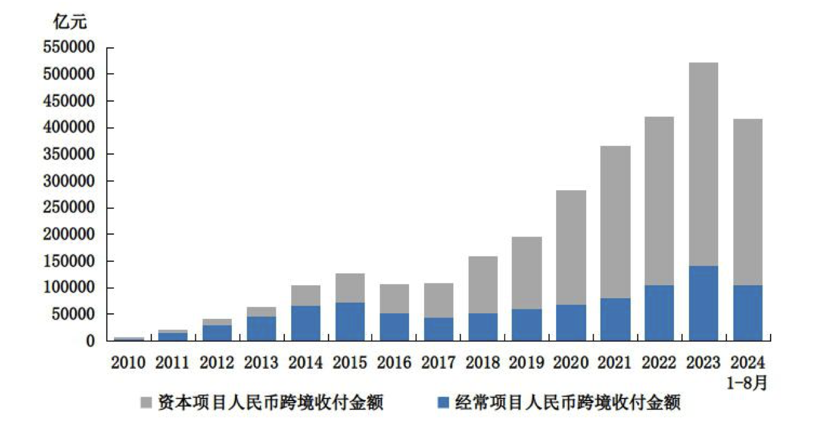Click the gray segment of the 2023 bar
click(x=703, y=164)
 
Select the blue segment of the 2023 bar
click(x=703, y=303)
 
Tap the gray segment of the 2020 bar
click(x=570, y=247)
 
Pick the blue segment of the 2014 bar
click(x=305, y=323)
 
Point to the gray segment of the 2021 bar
click(x=615, y=221)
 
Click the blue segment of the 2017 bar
click(x=438, y=329)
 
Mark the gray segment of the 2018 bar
click(x=483, y=285)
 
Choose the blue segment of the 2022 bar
click(x=659, y=313)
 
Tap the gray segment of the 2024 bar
click(x=748, y=202)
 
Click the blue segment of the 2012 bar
click(x=217, y=333)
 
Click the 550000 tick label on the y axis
click(x=68, y=48)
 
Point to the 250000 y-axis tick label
click(x=68, y=208)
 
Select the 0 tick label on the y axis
click(x=90, y=341)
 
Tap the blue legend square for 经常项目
click(x=444, y=403)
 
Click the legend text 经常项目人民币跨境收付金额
click(x=568, y=403)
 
